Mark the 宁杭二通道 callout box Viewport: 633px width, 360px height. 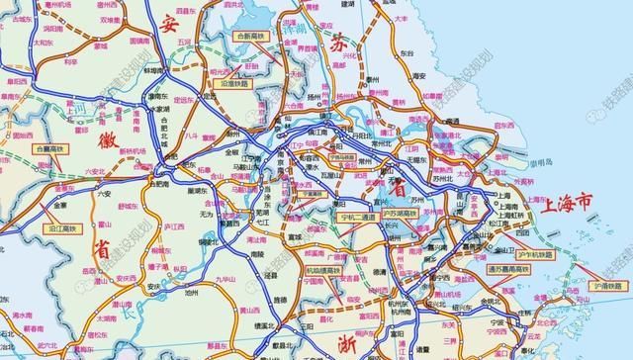[356, 216]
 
